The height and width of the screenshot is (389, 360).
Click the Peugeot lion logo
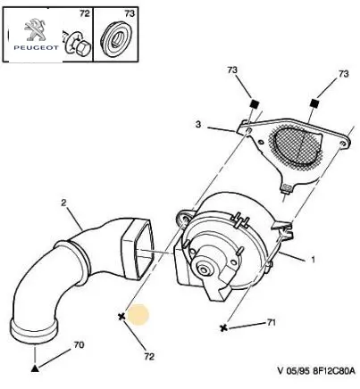pyautogui.click(x=35, y=29)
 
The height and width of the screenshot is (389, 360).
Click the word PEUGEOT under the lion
pyautogui.click(x=37, y=47)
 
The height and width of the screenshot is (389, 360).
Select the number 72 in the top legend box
pyautogui.click(x=84, y=13)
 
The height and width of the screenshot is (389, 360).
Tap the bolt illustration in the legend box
pyautogui.click(x=78, y=45)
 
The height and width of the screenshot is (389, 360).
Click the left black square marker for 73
pyautogui.click(x=254, y=104)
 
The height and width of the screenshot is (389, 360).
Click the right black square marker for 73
pyautogui.click(x=314, y=103)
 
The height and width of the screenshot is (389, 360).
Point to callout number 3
pyautogui.click(x=198, y=124)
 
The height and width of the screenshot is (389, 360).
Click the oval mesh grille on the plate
pyautogui.click(x=297, y=148)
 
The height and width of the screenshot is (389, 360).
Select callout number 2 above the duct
pyautogui.click(x=63, y=203)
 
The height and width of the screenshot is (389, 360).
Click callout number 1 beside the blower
pyautogui.click(x=313, y=260)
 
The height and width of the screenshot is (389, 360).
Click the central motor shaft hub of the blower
pyautogui.click(x=205, y=270)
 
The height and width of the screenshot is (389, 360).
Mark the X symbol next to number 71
pyautogui.click(x=223, y=328)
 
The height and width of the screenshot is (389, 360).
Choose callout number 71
pyautogui.click(x=271, y=322)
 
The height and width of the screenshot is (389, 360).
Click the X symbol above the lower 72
pyautogui.click(x=121, y=317)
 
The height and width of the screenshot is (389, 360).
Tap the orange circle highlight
pyautogui.click(x=138, y=315)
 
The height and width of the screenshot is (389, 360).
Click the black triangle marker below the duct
pyautogui.click(x=35, y=368)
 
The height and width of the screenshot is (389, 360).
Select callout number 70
pyautogui.click(x=79, y=345)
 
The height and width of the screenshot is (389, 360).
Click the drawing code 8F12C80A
pyautogui.click(x=334, y=371)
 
